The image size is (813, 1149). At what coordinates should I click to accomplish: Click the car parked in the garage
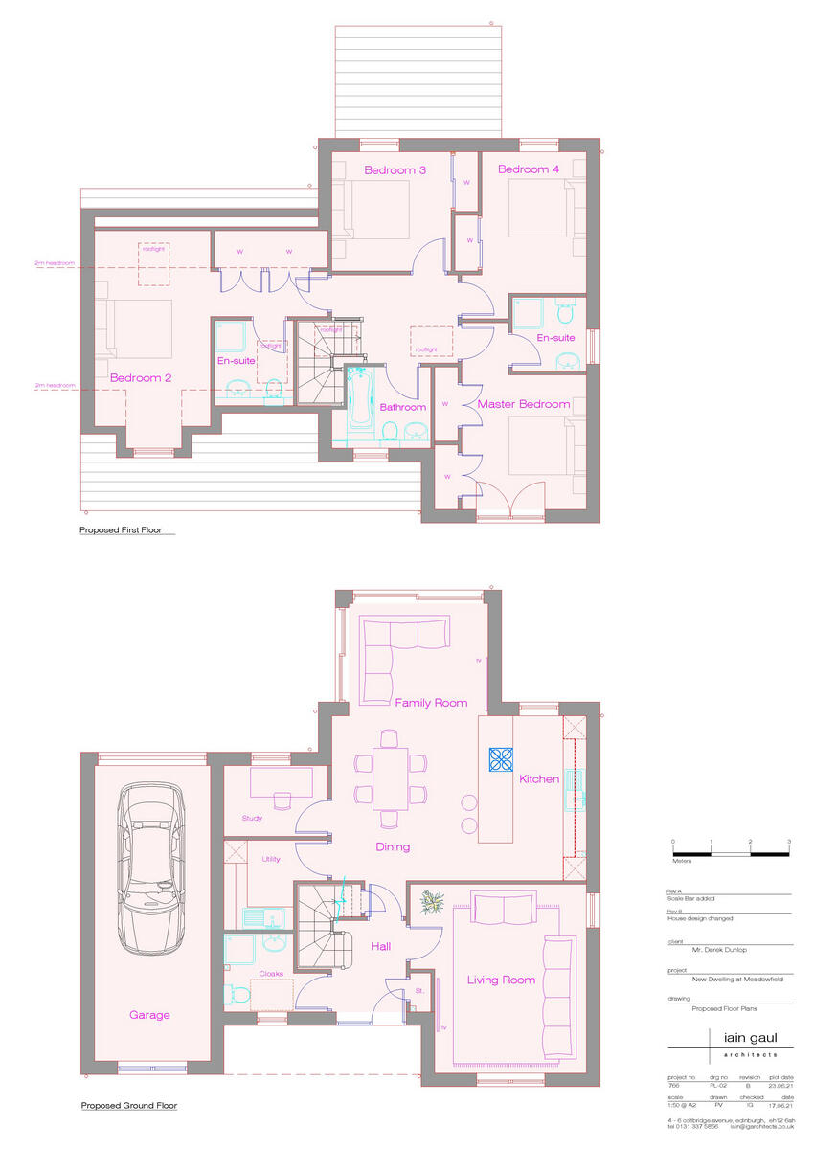coord(153,870)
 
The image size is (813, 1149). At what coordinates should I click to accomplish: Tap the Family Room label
coord(431,703)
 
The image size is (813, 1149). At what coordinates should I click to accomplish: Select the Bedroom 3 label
coord(395,170)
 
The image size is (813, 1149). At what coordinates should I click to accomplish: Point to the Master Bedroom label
coord(523,404)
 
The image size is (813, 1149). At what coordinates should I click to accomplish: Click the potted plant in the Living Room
coord(431,902)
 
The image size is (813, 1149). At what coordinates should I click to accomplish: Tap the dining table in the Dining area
coord(390,779)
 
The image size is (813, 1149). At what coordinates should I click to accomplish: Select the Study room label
coord(252,819)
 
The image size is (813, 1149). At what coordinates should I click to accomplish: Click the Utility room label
coord(271,859)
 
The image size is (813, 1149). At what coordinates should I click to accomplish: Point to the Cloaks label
coord(271,974)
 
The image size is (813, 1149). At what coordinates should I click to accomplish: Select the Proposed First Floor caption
coord(127,529)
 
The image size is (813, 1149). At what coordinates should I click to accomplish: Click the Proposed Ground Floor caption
coord(129,1106)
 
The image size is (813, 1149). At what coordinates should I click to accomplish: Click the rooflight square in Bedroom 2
coord(153,263)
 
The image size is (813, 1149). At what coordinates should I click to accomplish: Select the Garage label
coord(150,1015)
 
